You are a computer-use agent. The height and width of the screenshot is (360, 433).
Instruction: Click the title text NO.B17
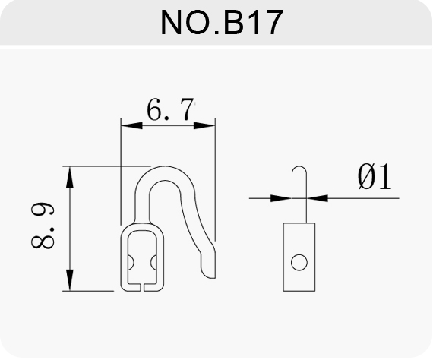point(222,22)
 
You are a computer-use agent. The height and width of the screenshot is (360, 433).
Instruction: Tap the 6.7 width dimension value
point(170,109)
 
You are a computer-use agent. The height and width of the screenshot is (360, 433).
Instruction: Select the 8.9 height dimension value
point(43,226)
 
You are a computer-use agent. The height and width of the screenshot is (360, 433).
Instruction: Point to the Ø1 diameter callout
point(375,177)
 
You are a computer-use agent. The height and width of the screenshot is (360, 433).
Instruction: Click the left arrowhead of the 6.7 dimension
point(131,126)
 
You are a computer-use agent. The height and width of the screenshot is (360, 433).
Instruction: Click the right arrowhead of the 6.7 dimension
point(204,126)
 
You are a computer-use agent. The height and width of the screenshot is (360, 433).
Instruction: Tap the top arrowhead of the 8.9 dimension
point(70,177)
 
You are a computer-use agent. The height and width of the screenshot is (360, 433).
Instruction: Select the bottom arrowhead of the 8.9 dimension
point(70,280)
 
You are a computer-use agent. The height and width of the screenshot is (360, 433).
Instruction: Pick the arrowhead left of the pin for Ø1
point(281,198)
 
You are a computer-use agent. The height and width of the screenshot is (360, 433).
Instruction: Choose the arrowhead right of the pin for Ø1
point(318,198)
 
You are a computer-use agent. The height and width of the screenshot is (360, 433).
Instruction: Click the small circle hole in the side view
point(299,263)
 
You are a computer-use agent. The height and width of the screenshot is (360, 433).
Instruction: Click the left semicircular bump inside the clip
point(131,263)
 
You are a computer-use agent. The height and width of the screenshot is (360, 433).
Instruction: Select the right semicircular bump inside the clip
point(153,263)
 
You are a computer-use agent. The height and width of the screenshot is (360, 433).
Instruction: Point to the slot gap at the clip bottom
point(142,287)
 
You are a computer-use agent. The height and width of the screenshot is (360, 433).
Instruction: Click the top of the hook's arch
point(165,166)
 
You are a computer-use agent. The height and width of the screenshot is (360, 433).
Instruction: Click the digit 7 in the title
point(273,23)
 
